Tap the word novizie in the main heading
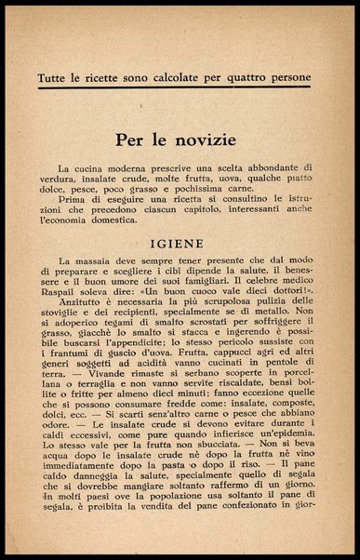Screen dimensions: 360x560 (208, 141)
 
